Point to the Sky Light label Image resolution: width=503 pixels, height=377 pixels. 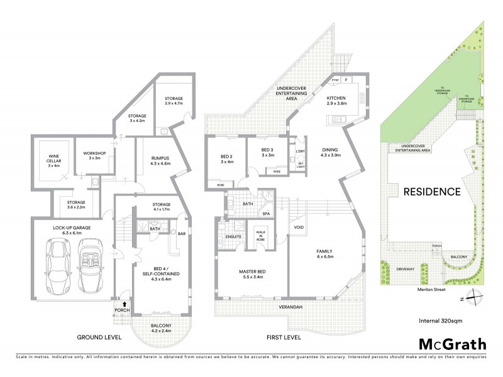point(300,165)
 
